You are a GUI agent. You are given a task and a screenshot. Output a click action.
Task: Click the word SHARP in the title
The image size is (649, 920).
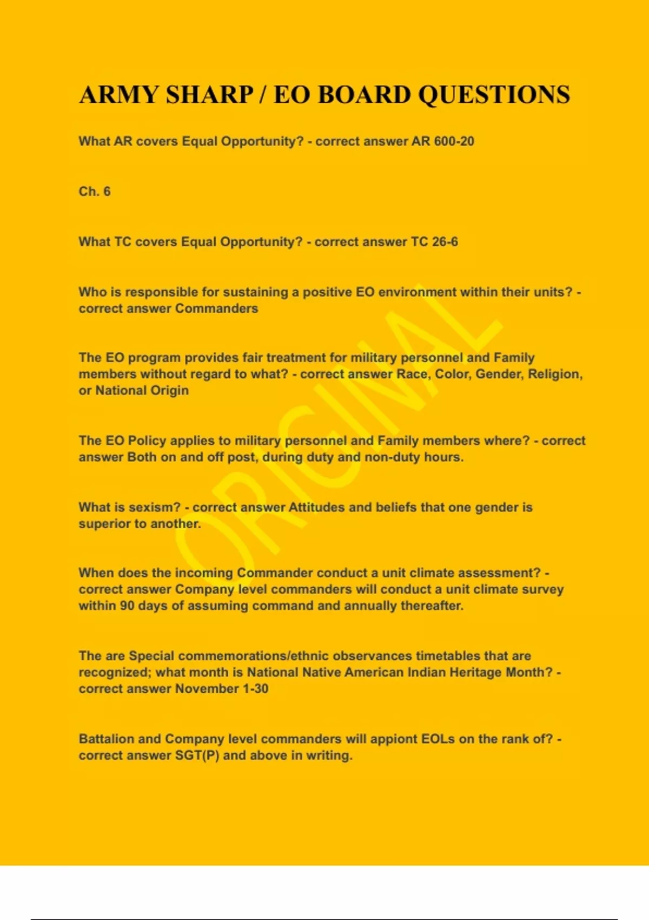tap(209, 95)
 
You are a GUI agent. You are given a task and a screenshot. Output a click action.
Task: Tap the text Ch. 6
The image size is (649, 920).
tap(95, 192)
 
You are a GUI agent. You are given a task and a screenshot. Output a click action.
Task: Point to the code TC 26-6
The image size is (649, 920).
tap(434, 242)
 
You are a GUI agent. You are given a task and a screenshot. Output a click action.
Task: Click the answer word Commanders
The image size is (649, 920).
tap(216, 308)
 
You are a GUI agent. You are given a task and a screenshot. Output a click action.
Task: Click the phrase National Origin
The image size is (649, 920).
tap(142, 390)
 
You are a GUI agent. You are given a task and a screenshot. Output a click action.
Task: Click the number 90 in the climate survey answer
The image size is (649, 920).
tap(127, 606)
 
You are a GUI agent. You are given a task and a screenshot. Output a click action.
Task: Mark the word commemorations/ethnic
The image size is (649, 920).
tap(254, 656)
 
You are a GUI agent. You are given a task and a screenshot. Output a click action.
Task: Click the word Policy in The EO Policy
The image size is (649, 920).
tap(147, 441)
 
